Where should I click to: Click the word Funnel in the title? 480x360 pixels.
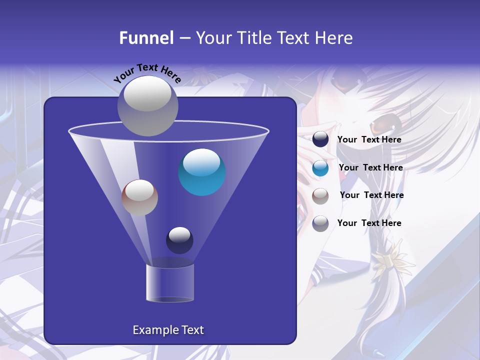(x=146, y=38)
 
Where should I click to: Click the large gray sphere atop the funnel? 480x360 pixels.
(x=147, y=105)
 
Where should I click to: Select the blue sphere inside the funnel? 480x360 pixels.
(x=202, y=172)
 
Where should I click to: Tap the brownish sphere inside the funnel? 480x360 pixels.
(x=139, y=197)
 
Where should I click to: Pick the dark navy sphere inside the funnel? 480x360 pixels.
(x=179, y=240)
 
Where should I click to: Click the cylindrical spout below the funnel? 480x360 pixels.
(x=170, y=282)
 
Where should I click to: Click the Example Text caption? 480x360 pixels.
(x=168, y=330)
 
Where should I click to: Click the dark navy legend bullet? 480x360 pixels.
(x=320, y=139)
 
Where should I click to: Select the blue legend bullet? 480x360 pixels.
(x=320, y=168)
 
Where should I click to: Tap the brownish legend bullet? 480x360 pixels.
(x=320, y=195)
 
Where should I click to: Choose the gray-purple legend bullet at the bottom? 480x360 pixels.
(x=320, y=223)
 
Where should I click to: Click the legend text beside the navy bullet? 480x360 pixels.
(x=369, y=140)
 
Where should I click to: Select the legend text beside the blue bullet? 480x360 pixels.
(x=370, y=168)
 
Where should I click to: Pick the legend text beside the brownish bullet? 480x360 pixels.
(x=371, y=195)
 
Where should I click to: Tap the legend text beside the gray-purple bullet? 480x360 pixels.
(x=369, y=223)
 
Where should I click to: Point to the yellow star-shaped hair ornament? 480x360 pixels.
(x=393, y=256)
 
